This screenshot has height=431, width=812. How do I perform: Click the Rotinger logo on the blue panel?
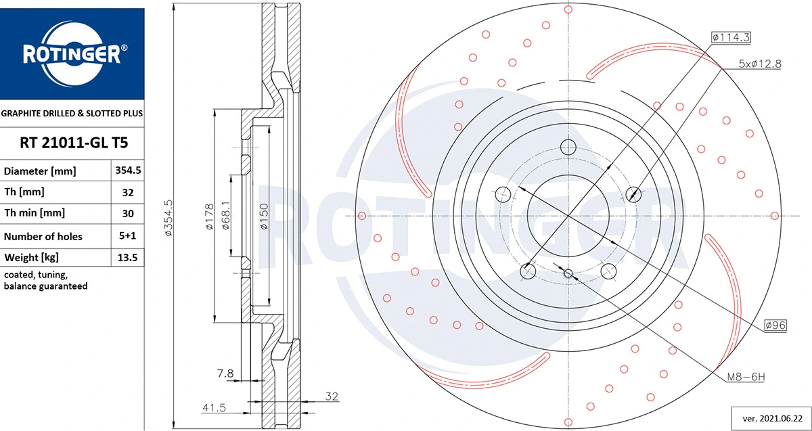pos(72,54)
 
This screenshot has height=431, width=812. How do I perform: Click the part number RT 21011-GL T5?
pos(72,143)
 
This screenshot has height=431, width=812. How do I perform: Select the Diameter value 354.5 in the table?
pos(129,171)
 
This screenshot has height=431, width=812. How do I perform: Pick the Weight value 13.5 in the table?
pos(129,257)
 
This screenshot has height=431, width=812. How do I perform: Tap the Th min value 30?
pos(129,213)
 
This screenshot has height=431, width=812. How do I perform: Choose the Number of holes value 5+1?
pos(129,235)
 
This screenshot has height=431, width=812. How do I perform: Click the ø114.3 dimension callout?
pos(731,38)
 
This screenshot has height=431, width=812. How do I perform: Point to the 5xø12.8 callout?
pos(759,64)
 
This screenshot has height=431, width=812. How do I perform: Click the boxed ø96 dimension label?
pos(775,325)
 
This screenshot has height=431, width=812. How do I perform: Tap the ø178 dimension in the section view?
pos(209,217)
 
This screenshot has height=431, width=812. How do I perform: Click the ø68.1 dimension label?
pos(225,217)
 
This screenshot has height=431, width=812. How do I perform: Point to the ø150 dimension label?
pos(264,217)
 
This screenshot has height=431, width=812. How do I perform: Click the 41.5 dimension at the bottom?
pos(214,408)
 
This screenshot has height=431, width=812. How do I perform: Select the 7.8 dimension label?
pos(226,373)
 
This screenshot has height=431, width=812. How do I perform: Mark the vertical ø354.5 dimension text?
pos(169,217)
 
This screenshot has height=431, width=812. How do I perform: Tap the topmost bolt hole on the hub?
pos(568,147)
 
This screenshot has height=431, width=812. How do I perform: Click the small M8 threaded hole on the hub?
pos(568,273)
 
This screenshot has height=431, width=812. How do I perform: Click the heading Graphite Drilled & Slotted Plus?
pos(72,113)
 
